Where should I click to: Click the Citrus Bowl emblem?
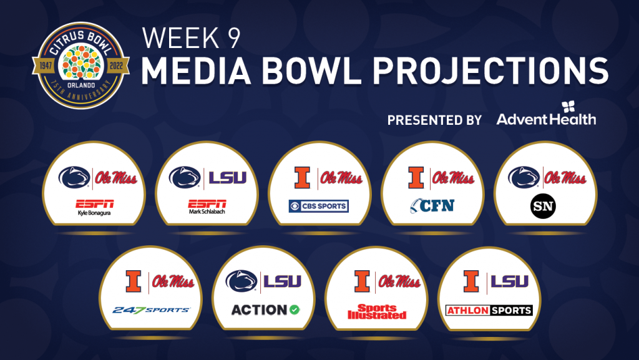[80, 66]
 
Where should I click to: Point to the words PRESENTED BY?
[434, 120]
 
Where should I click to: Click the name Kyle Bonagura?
[94, 213]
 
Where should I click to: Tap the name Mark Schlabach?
[207, 212]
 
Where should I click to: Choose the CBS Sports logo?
[319, 206]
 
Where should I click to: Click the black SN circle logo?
[544, 206]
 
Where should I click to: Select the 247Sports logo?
[151, 310]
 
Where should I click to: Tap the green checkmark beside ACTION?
[295, 310]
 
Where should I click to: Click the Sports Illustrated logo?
[377, 311]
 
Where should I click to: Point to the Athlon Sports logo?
[489, 310]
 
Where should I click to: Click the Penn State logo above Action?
[241, 281]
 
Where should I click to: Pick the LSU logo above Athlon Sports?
[509, 281]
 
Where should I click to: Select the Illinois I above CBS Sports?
[303, 178]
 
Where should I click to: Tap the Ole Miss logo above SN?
[565, 178]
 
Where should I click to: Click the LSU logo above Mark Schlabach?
[227, 178]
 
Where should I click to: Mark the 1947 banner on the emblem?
[45, 66]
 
